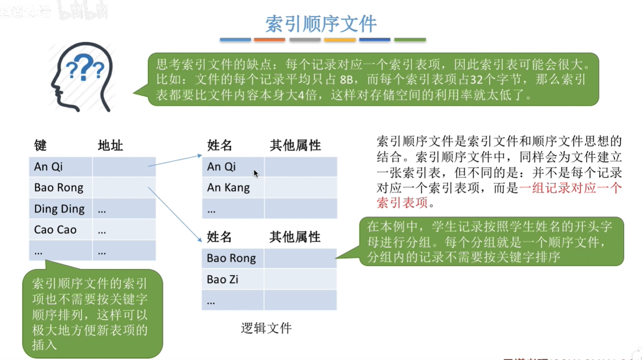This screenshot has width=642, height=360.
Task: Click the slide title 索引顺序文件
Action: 321,24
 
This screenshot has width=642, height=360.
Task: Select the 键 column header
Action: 40,146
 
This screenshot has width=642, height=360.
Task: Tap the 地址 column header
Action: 110,146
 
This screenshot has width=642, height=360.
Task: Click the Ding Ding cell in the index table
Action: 60,209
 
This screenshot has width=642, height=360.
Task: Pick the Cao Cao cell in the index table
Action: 55,230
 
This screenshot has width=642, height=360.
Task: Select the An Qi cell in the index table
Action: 48,166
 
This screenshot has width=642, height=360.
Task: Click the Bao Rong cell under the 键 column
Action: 59,187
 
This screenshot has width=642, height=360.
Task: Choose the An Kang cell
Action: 228,187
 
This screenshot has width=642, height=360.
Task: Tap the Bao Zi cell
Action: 222,279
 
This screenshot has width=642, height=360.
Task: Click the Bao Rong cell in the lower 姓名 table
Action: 231,258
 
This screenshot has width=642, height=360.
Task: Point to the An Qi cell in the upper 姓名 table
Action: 221,166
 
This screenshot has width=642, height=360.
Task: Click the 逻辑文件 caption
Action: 266,328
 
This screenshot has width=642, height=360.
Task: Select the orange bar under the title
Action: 269,40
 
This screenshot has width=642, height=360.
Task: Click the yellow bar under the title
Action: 340,40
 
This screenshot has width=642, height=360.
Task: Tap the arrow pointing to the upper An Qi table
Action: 175,161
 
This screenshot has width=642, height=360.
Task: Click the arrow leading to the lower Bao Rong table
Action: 175,214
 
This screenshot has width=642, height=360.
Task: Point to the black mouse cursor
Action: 256,173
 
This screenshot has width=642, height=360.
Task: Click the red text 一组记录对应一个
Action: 570,188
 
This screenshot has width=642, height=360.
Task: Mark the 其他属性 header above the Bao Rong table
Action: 295,237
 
